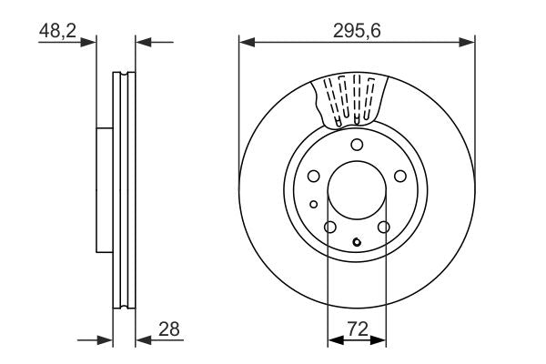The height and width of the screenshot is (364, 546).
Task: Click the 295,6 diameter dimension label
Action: point(357,29)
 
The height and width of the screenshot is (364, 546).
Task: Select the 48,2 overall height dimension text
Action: point(57,30)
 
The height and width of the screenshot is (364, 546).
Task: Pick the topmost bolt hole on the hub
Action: point(357,146)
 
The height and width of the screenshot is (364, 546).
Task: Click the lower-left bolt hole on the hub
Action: point(330,227)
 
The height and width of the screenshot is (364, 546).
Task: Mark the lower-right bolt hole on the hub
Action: point(384,227)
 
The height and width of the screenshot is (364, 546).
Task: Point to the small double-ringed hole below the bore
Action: point(357,242)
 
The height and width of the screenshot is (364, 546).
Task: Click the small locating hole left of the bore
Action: point(314,204)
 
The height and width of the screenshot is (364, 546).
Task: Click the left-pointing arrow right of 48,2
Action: point(142,41)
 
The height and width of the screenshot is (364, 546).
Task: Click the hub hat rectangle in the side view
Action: point(104,191)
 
